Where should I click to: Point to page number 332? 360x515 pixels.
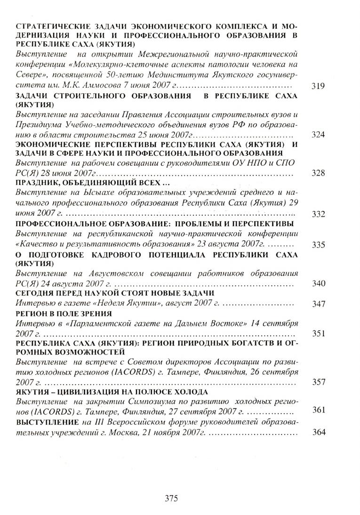tap(319, 214)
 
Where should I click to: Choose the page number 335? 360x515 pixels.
tap(319, 245)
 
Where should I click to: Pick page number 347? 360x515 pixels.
tap(319, 304)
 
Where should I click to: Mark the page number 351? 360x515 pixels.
tap(319, 333)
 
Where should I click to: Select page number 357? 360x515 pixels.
tap(319, 382)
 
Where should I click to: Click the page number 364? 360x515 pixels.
tap(319, 432)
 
